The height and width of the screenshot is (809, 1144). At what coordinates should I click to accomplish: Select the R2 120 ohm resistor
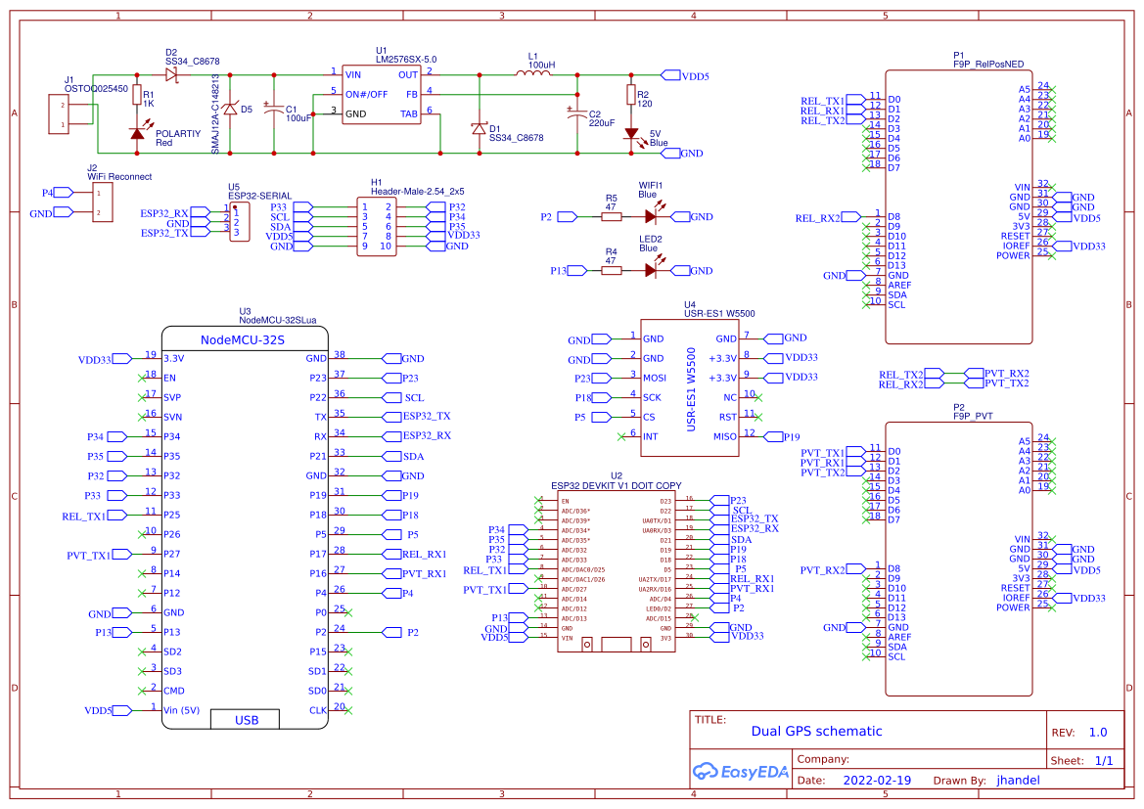pos(630,95)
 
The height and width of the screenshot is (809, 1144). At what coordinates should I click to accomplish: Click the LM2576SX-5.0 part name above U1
pos(405,59)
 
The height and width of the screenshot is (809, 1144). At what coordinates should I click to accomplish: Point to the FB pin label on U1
pos(411,94)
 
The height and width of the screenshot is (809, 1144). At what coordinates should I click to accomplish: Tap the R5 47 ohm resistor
pos(610,217)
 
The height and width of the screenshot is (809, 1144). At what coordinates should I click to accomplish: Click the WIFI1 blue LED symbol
pos(651,217)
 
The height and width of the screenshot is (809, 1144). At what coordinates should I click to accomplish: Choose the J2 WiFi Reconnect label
pos(119,176)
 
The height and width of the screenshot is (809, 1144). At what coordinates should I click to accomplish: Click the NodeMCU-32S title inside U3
pos(242,340)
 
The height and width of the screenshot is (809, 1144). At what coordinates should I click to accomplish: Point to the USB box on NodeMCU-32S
pos(247,720)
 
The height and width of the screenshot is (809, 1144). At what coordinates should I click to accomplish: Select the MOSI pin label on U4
pos(655,378)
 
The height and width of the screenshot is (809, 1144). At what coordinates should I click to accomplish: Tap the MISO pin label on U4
pos(724,436)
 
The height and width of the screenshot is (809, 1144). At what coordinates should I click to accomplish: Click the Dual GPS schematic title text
pos(816,731)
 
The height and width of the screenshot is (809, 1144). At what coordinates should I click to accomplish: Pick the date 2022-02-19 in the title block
pos(877,781)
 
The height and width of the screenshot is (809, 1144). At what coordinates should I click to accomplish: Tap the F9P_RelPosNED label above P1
pos(988,64)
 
